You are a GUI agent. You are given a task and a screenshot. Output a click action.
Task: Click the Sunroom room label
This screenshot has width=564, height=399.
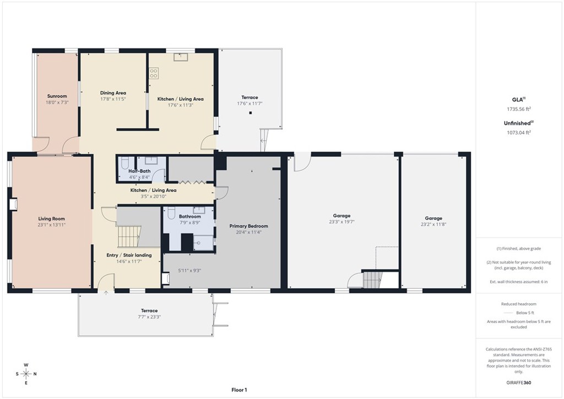coord(57,96)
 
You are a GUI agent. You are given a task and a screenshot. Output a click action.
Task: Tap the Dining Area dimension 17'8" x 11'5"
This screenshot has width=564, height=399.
coord(113,99)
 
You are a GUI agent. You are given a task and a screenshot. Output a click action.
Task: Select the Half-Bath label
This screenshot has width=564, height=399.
coord(139,171)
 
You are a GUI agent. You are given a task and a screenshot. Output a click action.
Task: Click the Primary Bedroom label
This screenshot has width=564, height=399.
coord(248,226)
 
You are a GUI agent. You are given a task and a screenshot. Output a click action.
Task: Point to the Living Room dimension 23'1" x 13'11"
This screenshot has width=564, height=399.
coord(52,225)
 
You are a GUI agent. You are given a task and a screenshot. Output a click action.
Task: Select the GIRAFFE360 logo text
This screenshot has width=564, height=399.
coord(519,382)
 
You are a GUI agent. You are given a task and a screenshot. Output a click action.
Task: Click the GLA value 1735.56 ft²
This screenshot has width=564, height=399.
coord(518,109)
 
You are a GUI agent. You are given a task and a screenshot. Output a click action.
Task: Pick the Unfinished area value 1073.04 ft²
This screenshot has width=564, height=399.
coord(518,132)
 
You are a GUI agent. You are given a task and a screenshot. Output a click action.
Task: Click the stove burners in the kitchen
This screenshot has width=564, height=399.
coord(153,72)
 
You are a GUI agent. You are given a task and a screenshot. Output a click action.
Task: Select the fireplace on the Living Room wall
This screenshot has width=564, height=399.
coord(13,204)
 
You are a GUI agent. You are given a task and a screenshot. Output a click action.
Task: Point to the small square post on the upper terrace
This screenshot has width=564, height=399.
coord(251,113)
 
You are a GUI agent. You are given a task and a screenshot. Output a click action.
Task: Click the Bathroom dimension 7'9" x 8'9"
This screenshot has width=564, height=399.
coord(189,223)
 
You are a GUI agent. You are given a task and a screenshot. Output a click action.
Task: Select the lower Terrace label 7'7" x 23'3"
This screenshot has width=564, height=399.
coord(149,317)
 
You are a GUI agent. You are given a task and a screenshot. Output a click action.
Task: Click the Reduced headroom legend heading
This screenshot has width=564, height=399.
coord(518,304)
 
